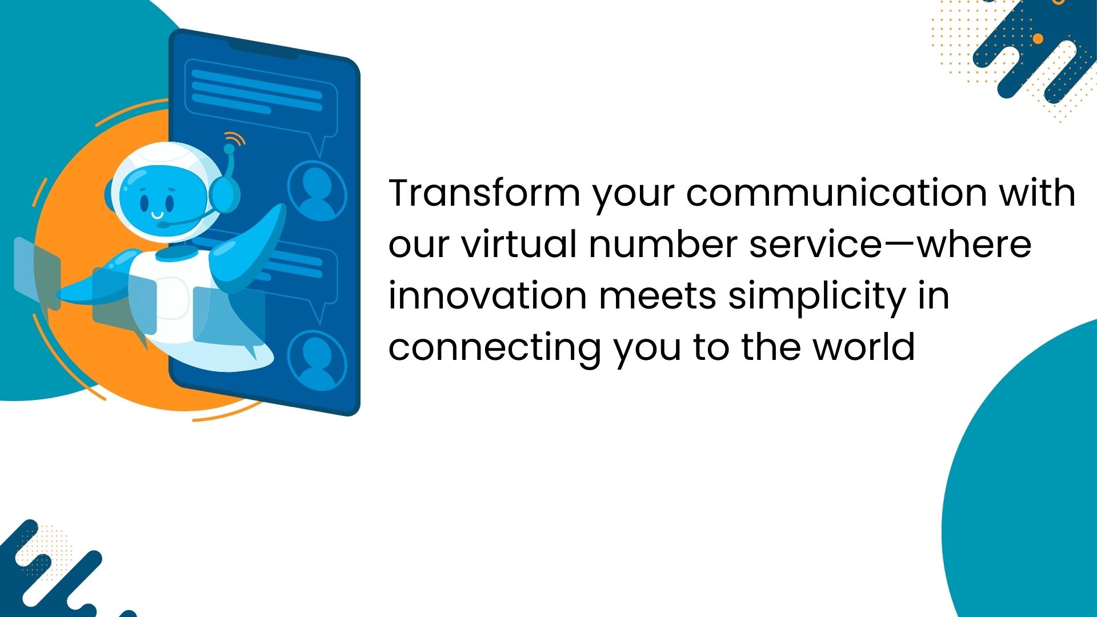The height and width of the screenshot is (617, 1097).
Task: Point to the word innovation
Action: [488, 295]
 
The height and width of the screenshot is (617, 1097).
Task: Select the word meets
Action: [658, 297]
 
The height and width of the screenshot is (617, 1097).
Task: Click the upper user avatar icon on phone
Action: [317, 191]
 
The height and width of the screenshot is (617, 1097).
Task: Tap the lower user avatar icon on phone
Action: [317, 360]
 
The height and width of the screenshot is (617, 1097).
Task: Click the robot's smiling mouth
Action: [157, 216]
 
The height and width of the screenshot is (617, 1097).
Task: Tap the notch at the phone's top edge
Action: [263, 50]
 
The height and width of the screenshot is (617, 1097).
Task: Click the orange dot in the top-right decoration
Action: [1038, 38]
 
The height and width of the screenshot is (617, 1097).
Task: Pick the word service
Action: [817, 244]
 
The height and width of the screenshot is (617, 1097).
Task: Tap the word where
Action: [974, 244]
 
